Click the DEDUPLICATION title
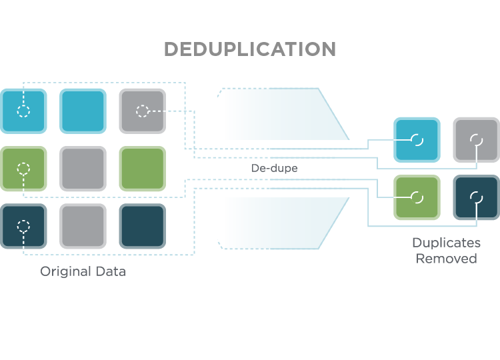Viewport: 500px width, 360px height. point(250,49)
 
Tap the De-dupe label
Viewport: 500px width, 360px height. point(274,169)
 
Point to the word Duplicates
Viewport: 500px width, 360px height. point(446,243)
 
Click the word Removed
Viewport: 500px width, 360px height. point(446,259)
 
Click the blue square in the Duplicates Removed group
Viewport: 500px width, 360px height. point(417,139)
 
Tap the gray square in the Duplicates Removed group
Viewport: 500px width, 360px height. point(476,139)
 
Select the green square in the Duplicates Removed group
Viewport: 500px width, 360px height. point(417,197)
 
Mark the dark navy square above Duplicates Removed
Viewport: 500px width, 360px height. point(476,197)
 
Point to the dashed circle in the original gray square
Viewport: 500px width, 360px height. point(142,111)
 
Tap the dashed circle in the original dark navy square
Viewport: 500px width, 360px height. point(23,226)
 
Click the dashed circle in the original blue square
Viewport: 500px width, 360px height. point(23,111)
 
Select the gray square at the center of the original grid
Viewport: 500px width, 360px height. point(83,169)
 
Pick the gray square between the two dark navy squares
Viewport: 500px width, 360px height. point(83,226)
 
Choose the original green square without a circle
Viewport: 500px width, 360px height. point(142,169)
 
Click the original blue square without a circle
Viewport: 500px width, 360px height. point(83,111)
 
